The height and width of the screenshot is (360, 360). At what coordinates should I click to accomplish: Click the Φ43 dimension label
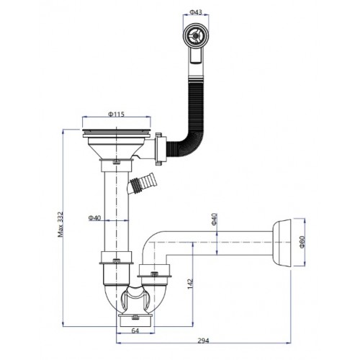[196, 12]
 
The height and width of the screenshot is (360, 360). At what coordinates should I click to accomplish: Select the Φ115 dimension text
[116, 114]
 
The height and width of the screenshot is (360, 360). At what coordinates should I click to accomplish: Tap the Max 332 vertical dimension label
[60, 224]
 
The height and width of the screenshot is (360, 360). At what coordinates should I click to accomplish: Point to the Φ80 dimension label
[302, 242]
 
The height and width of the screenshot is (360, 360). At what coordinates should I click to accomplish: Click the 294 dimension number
[203, 341]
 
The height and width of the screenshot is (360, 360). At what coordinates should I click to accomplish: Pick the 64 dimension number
[135, 330]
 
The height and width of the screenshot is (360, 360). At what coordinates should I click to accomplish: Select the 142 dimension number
[190, 284]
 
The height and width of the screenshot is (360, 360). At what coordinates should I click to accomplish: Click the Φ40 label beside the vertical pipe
[94, 218]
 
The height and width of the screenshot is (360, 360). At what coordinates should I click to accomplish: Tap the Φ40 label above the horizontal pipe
[214, 219]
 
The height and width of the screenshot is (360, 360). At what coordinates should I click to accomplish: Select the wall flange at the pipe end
[282, 243]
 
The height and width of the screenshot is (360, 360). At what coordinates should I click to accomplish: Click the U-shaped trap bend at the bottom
[135, 300]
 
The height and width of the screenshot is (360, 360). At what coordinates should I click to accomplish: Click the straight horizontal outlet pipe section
[220, 243]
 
